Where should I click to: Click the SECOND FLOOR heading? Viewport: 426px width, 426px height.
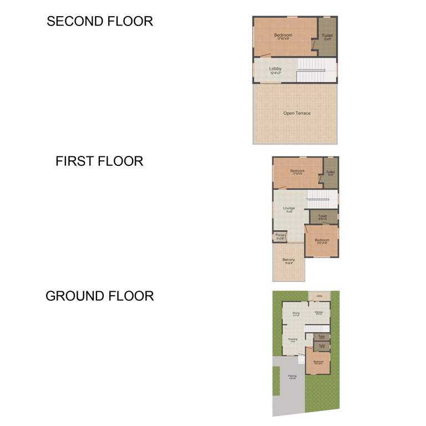(100, 22)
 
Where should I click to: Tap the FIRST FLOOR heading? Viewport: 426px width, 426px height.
(99, 161)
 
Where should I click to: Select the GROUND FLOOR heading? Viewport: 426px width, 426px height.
(100, 296)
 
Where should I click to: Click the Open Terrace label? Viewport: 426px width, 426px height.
(297, 113)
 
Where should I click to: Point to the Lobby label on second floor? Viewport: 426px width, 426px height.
(276, 69)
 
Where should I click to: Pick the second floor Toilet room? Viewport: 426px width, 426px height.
(327, 37)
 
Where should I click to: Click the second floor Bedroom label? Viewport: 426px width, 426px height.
(283, 35)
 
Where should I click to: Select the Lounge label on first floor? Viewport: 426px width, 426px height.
(289, 209)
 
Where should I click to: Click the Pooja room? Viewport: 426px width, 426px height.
(280, 236)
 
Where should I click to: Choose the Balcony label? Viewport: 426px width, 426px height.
(288, 260)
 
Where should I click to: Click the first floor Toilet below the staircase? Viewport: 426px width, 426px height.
(322, 217)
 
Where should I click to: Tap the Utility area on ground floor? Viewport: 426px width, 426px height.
(319, 296)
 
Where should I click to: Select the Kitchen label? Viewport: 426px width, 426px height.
(318, 313)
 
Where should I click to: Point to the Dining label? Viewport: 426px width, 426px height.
(296, 314)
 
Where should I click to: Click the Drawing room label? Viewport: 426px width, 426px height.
(292, 339)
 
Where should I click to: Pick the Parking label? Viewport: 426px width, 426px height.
(292, 377)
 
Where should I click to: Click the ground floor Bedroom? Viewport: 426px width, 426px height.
(318, 362)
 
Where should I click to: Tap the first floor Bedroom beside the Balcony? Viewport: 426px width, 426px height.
(322, 241)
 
